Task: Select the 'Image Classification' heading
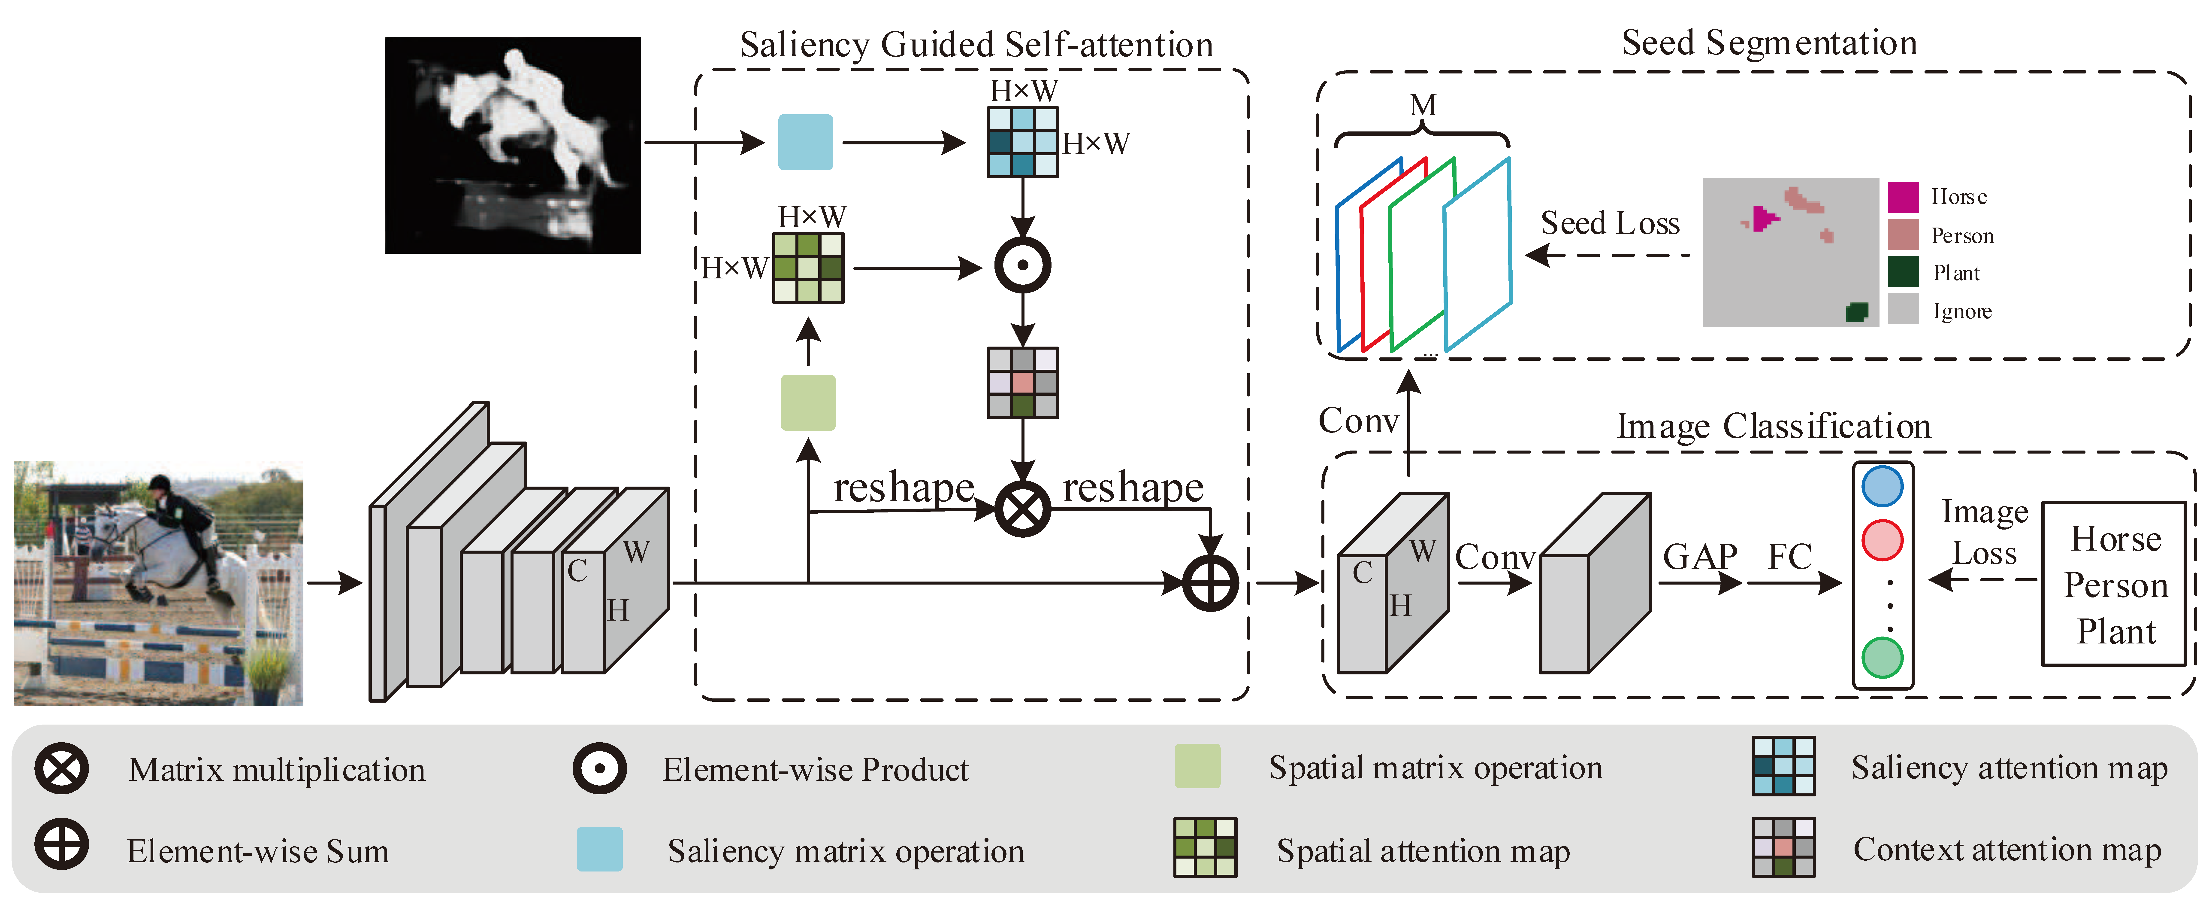coord(1773,426)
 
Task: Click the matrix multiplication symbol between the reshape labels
coord(1022,509)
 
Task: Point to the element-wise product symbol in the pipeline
coord(1022,266)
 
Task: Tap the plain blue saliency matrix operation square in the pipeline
coord(805,142)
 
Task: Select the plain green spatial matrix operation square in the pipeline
coord(808,402)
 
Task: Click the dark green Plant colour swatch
coord(1903,272)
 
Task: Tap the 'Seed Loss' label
coord(1610,223)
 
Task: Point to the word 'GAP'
coord(1700,558)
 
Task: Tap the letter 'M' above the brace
coord(1423,106)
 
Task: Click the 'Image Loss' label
coord(1984,532)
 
